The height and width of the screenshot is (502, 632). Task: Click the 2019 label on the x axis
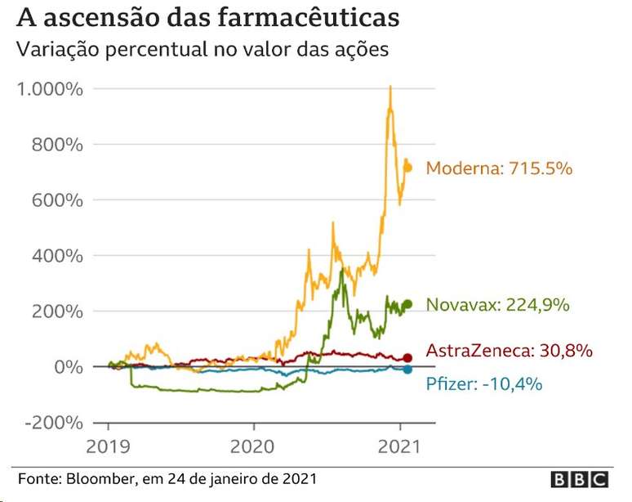click(x=109, y=448)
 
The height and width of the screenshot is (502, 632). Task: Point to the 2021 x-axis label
click(x=399, y=448)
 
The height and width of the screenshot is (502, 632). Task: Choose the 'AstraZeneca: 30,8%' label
click(x=510, y=351)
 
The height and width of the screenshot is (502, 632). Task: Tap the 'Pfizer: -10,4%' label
click(x=484, y=383)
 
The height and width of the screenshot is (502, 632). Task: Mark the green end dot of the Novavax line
click(x=408, y=304)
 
